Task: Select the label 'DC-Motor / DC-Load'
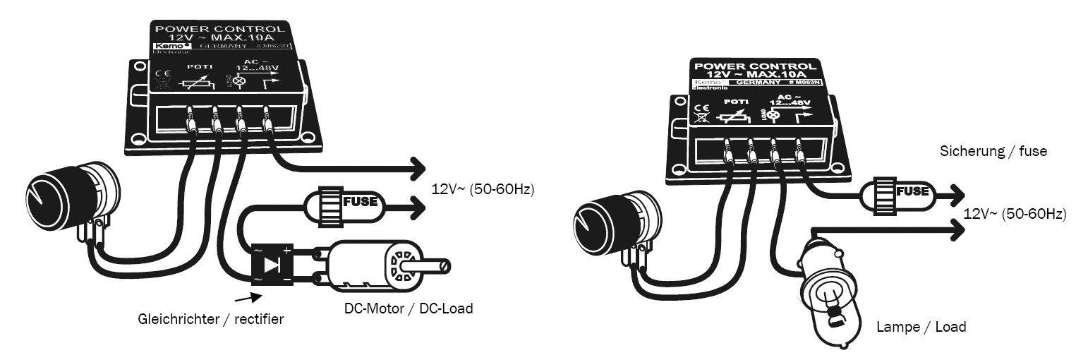click(x=408, y=308)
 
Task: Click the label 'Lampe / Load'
click(x=921, y=327)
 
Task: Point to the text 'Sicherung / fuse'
click(x=993, y=151)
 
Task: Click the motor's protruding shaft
click(x=428, y=267)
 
